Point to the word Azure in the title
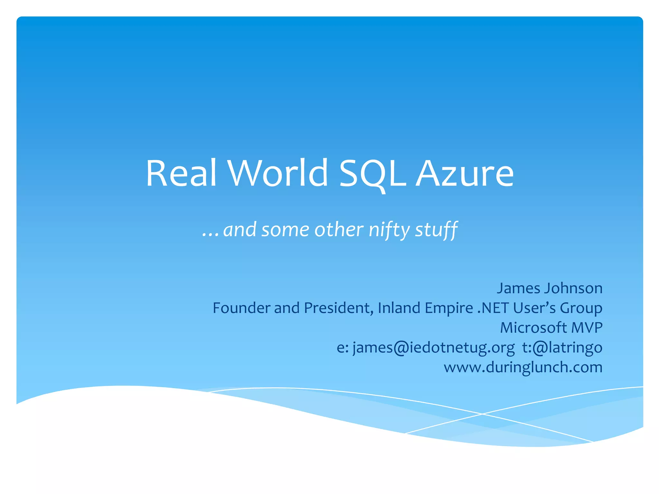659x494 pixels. click(465, 174)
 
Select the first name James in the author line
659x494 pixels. click(518, 288)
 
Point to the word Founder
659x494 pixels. click(242, 308)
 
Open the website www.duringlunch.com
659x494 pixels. click(523, 367)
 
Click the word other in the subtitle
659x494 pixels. click(339, 230)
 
